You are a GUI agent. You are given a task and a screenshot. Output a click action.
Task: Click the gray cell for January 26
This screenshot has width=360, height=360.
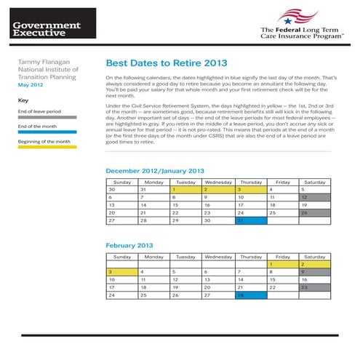pyautogui.click(x=314, y=213)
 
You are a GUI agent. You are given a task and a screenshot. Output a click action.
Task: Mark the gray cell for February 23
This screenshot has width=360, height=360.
pyautogui.click(x=314, y=287)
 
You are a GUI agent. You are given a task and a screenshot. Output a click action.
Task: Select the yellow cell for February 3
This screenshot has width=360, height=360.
pyautogui.click(x=121, y=271)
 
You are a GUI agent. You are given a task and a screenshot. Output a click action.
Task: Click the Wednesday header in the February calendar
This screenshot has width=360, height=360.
pyautogui.click(x=218, y=257)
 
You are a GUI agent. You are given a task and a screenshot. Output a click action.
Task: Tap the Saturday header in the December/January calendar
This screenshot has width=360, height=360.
pyautogui.click(x=314, y=182)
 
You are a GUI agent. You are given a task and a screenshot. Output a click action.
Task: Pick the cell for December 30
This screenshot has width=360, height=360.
pyautogui.click(x=121, y=189)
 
